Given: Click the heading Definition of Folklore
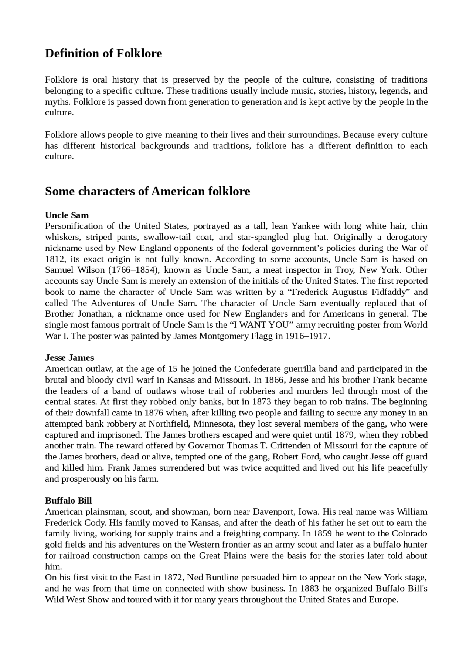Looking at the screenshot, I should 103,54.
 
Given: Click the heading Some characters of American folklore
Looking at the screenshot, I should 147,191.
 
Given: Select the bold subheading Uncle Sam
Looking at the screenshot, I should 67,215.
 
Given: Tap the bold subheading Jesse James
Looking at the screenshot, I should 69,358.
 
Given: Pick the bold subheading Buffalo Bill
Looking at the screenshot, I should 68,501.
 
